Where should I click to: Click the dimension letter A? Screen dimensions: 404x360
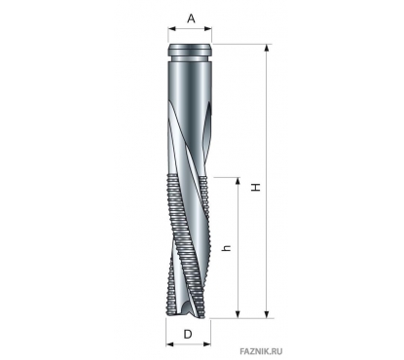point(192,18)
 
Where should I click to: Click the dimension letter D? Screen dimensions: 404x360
point(188,334)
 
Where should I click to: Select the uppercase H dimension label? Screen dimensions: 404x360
point(257,187)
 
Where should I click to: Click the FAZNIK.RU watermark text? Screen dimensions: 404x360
point(261,351)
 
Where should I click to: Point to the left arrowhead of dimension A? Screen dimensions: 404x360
point(171,29)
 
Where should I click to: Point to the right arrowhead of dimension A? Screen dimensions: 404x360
point(208,29)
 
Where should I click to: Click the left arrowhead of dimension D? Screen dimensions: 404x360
point(169,343)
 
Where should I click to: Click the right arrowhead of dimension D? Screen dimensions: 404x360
point(206,343)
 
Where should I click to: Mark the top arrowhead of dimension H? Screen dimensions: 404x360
point(267,48)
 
